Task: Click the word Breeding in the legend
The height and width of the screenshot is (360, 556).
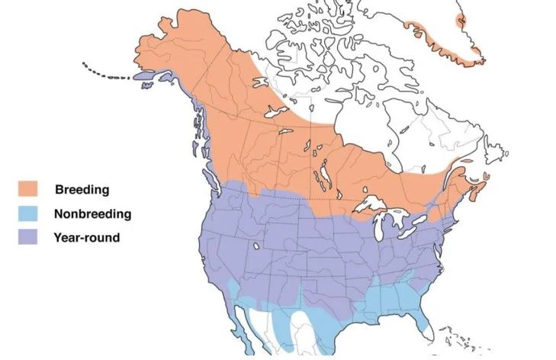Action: click(82, 189)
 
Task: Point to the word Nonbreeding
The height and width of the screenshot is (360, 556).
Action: click(93, 214)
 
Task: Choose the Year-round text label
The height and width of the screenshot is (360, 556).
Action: click(87, 238)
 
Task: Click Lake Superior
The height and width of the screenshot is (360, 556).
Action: click(381, 204)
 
